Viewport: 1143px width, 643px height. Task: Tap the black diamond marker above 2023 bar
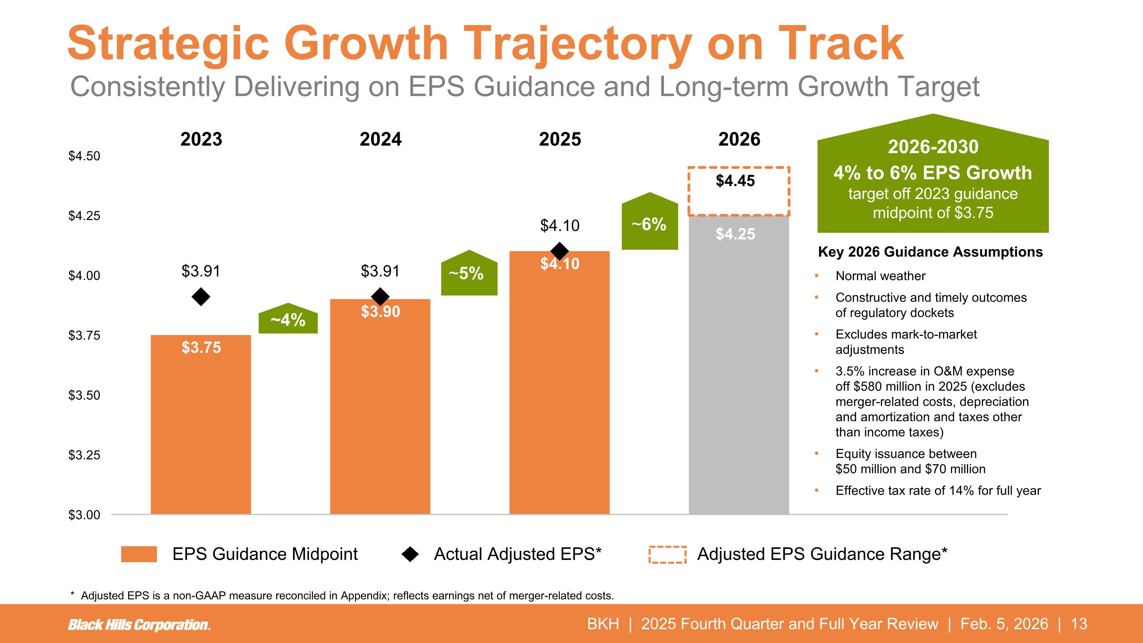tap(201, 297)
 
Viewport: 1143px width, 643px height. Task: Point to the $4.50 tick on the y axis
tap(84, 156)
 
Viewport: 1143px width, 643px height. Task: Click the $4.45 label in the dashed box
tap(735, 181)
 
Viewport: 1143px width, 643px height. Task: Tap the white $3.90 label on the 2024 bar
tap(380, 311)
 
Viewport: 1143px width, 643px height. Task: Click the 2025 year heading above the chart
tap(560, 140)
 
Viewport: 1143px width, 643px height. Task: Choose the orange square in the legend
tap(139, 554)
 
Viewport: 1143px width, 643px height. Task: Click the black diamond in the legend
tap(410, 554)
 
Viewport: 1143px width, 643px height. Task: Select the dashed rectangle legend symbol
tap(668, 555)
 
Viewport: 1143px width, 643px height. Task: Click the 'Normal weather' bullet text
tap(880, 276)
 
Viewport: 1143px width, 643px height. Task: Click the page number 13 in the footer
tap(1079, 624)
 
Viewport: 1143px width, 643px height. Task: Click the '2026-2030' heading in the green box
tap(933, 147)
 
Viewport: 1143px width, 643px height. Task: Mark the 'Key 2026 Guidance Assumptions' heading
tap(930, 252)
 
